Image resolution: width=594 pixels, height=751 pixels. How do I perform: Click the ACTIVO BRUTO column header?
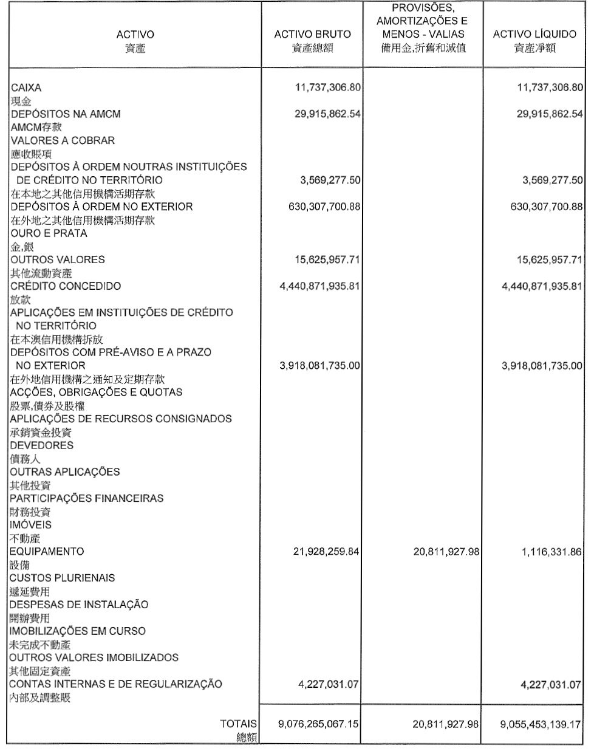tap(312, 35)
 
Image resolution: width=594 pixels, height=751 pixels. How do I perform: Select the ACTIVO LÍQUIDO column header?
tap(534, 35)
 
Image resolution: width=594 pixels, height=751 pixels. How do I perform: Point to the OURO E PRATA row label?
tap(48, 233)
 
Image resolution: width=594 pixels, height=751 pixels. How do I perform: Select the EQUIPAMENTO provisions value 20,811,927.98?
tap(446, 552)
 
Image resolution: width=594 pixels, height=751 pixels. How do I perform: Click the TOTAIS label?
tap(238, 724)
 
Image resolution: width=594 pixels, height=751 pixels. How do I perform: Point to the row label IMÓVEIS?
tap(30, 525)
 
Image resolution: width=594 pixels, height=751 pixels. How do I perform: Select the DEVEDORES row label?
tap(41, 445)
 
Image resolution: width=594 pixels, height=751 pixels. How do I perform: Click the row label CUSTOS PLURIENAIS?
tap(62, 578)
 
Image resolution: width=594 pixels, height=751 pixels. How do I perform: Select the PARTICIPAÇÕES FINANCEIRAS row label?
tap(86, 498)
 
